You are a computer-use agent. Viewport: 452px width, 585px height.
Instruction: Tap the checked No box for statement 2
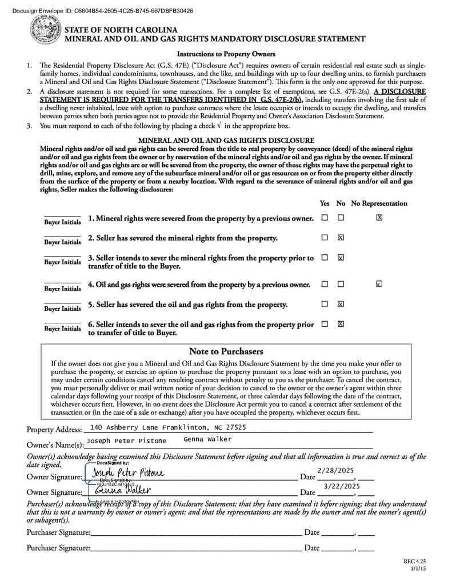341,237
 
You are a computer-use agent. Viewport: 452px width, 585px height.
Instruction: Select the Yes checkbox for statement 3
325,257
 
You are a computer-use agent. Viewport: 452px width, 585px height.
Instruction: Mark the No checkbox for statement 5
341,304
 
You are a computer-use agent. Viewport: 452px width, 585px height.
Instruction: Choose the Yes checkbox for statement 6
325,324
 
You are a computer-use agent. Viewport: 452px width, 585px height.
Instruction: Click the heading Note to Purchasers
226,351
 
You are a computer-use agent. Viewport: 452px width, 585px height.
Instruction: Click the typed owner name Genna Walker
207,439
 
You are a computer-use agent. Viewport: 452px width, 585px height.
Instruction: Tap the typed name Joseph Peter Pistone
126,440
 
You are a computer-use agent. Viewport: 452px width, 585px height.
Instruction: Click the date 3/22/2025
342,486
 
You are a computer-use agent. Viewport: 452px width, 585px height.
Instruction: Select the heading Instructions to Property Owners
226,54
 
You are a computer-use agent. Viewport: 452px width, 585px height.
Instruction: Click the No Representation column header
379,203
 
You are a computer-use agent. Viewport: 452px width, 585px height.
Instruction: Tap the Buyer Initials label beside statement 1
62,222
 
